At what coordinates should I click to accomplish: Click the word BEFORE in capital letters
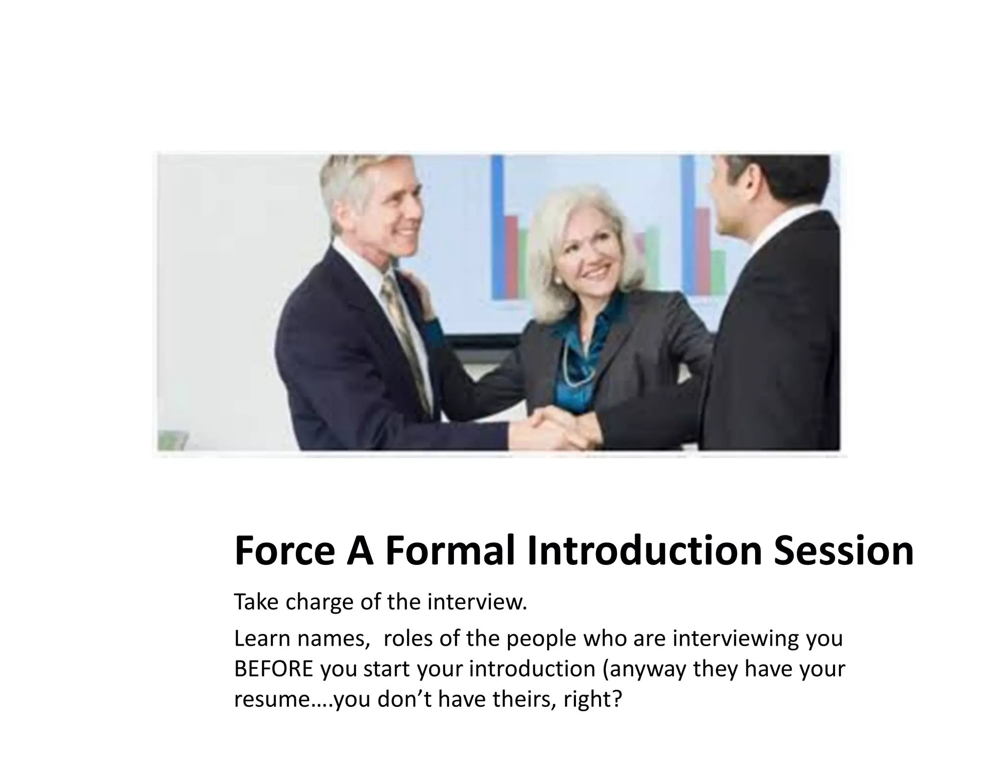273,669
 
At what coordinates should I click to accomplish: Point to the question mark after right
617,699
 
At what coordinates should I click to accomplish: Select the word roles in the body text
409,639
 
